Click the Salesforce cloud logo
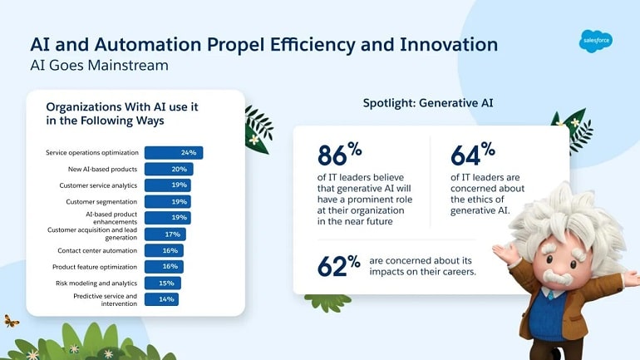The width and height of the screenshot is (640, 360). pyautogui.click(x=595, y=42)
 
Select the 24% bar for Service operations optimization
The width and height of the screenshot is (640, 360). pyautogui.click(x=174, y=153)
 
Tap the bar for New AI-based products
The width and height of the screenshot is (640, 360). pyautogui.click(x=169, y=169)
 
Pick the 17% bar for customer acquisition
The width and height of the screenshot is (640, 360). pyautogui.click(x=165, y=234)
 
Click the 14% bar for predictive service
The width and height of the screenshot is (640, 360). pyautogui.click(x=161, y=299)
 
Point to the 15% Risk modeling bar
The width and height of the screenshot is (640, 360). pyautogui.click(x=162, y=283)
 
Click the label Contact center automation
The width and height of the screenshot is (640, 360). pyautogui.click(x=97, y=250)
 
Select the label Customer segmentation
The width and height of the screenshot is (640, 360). pyautogui.click(x=101, y=202)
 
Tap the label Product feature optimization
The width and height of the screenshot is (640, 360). pyautogui.click(x=95, y=267)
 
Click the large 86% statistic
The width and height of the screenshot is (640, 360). pyautogui.click(x=340, y=154)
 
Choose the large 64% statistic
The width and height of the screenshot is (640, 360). pyautogui.click(x=473, y=154)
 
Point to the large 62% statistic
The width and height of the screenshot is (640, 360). pyautogui.click(x=339, y=266)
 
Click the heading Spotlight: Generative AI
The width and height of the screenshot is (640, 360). pyautogui.click(x=428, y=103)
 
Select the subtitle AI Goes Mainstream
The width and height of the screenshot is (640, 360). pyautogui.click(x=99, y=66)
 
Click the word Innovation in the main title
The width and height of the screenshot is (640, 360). pyautogui.click(x=449, y=45)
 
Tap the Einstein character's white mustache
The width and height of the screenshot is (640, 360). pyautogui.click(x=558, y=278)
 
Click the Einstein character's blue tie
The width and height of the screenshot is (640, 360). pyautogui.click(x=550, y=294)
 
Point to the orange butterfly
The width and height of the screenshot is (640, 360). pyautogui.click(x=11, y=321)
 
